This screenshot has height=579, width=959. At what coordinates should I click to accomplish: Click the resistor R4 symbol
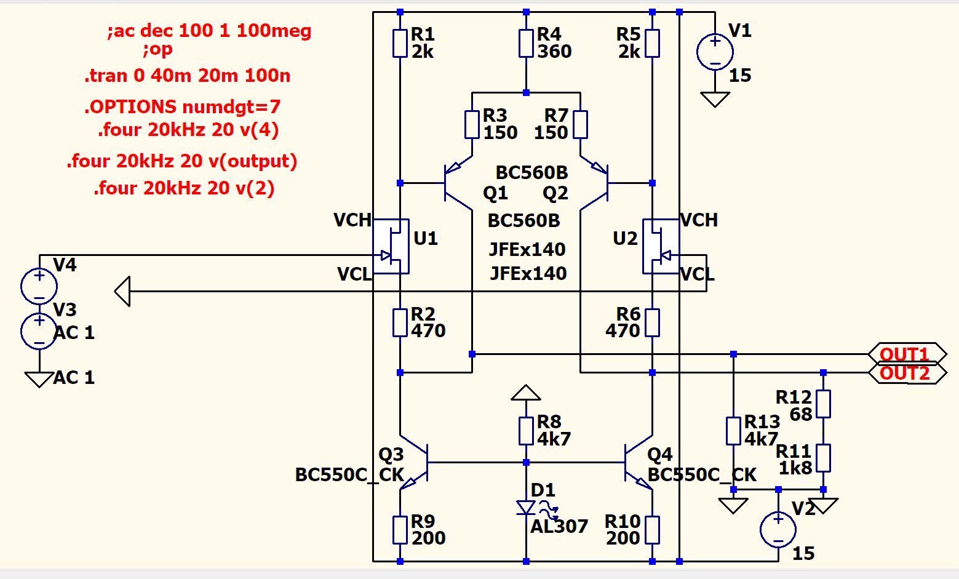[526, 44]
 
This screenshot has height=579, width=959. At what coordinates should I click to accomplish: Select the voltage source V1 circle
[715, 52]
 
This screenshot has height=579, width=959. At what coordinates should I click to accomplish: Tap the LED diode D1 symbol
[527, 508]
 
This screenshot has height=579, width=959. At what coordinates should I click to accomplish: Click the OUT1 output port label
[905, 354]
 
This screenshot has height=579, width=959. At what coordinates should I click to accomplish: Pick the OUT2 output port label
[905, 373]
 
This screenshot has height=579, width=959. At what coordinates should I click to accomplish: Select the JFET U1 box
[391, 246]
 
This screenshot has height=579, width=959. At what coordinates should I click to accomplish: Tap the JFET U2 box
[661, 246]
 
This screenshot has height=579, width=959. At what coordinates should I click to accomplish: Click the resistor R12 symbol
[823, 404]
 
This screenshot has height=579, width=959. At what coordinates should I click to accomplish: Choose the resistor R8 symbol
[526, 431]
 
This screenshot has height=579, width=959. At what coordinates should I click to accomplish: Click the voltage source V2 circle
[778, 530]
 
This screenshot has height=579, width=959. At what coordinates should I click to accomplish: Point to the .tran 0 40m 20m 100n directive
[188, 76]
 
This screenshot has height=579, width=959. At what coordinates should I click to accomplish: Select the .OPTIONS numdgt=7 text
[183, 107]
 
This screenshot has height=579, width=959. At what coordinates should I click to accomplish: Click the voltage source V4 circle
[39, 286]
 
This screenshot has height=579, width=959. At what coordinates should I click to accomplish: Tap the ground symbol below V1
[715, 99]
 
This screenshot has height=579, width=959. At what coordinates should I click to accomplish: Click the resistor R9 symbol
[400, 530]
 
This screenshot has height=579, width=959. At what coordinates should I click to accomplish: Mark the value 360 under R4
[554, 52]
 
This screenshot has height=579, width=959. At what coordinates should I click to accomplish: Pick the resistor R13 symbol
[733, 431]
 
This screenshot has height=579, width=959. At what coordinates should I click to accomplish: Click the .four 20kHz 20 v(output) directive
[182, 161]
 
